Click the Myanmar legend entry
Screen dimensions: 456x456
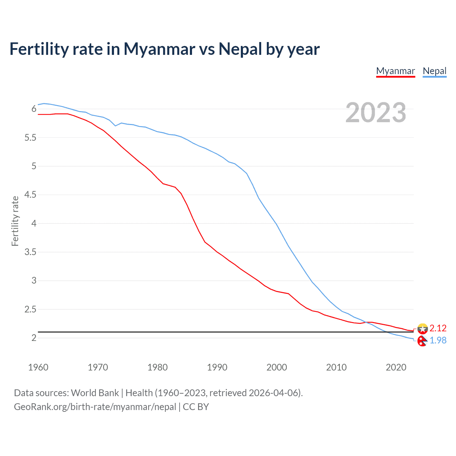coord(395,71)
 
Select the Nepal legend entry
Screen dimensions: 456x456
coord(434,71)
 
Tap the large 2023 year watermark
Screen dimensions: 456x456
coord(375,113)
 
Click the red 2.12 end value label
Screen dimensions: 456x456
coord(438,328)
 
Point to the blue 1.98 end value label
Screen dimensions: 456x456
coord(438,341)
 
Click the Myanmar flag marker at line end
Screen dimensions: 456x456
coord(423,328)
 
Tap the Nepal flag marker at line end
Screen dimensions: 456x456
coord(422,341)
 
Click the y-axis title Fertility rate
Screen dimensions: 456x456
coord(15,221)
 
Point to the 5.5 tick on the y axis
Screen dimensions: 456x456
coord(30,138)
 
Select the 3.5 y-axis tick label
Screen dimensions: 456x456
coord(30,252)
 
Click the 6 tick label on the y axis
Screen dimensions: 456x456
coord(34,109)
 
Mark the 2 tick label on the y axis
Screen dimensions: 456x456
coord(34,338)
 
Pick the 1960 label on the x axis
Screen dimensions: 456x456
coord(38,367)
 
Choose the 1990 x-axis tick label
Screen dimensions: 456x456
coord(217,367)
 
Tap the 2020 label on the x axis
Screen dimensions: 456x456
coord(396,367)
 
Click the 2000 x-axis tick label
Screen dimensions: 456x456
coord(276,367)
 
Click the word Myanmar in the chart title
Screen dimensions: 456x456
coord(159,49)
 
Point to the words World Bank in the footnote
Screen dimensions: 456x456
coord(95,393)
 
